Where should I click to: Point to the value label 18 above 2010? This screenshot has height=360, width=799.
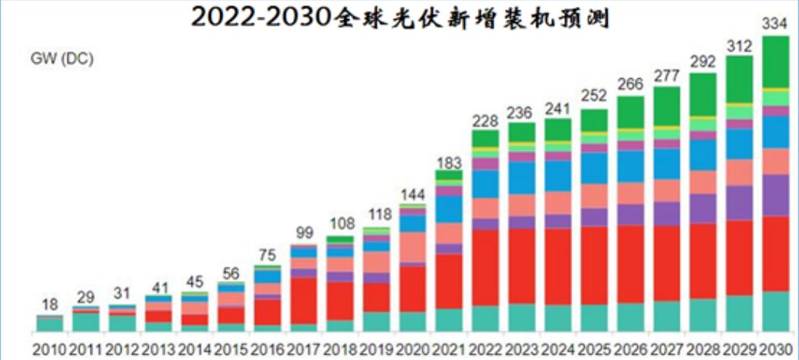pyautogui.click(x=49, y=305)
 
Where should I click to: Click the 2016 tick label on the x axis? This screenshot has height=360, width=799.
pyautogui.click(x=267, y=350)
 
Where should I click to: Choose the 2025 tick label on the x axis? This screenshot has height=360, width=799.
pyautogui.click(x=594, y=350)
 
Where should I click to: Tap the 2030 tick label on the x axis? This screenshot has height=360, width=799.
pyautogui.click(x=776, y=350)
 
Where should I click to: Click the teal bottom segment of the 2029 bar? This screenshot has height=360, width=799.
pyautogui.click(x=740, y=314)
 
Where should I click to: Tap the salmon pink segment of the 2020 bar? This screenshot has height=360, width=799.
pyautogui.click(x=412, y=247)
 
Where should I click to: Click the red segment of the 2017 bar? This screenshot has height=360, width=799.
pyautogui.click(x=304, y=301)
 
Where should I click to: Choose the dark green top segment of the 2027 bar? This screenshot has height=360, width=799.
pyautogui.click(x=667, y=106)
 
